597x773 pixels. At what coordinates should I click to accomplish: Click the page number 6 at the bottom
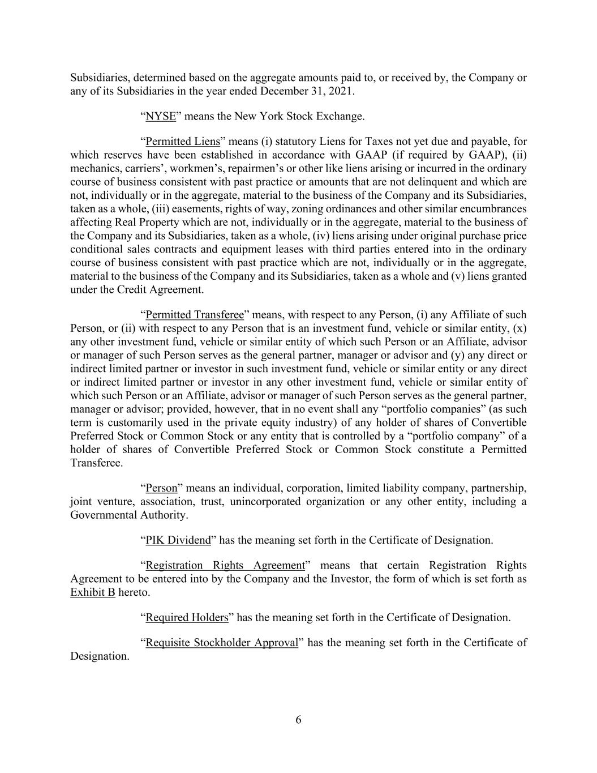(298, 720)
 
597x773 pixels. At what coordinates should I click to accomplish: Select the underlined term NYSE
(161, 117)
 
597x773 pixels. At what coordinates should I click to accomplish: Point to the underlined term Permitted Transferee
(194, 315)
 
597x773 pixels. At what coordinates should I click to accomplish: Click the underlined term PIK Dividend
(178, 540)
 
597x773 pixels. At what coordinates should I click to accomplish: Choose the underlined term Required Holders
(187, 617)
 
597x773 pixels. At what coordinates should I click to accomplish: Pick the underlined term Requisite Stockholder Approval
(221, 643)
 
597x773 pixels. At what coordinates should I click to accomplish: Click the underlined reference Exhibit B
(93, 592)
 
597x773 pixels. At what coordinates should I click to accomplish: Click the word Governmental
(104, 515)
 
